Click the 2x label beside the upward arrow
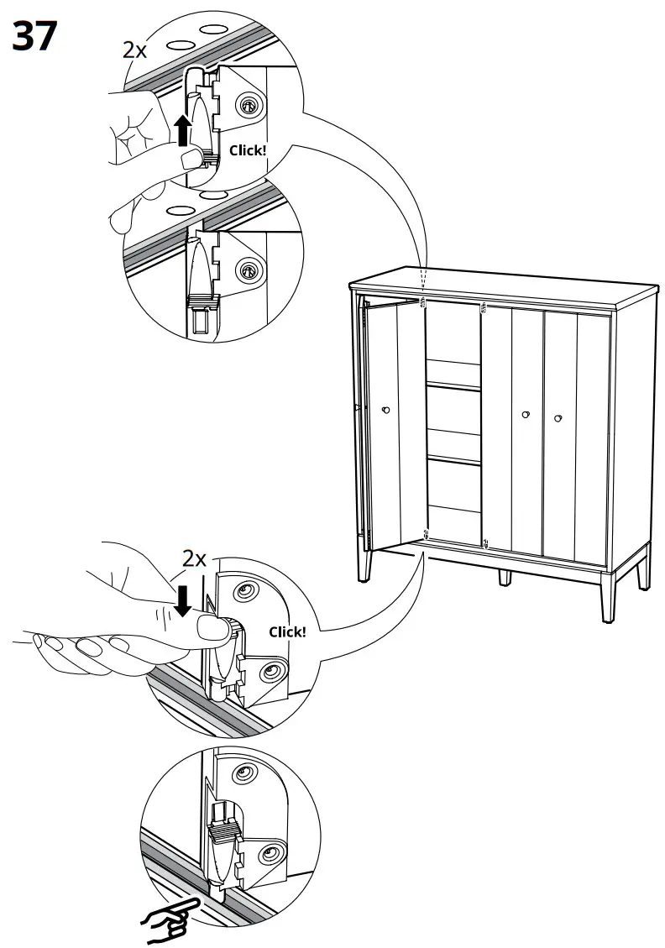[x=134, y=50]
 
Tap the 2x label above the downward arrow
[x=195, y=559]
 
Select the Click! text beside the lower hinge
[x=287, y=631]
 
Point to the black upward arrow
[x=182, y=131]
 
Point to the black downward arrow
[x=182, y=600]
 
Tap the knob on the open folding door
[x=385, y=410]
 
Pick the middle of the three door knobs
[x=526, y=414]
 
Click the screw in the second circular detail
[x=249, y=270]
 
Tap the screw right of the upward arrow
[x=249, y=105]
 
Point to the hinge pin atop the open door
[x=423, y=300]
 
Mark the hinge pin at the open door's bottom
[x=426, y=534]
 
